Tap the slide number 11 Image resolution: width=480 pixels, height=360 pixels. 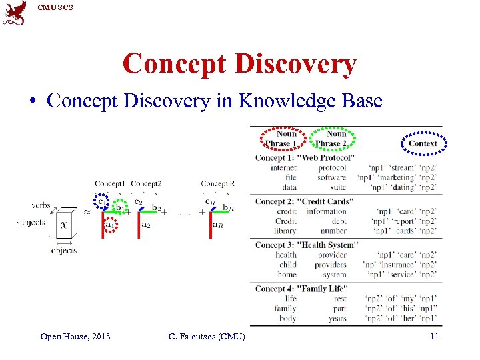tap(434, 336)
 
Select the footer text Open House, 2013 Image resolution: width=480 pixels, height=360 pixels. tap(75, 336)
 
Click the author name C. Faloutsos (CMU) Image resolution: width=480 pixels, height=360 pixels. tap(207, 336)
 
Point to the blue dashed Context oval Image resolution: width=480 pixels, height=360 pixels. tap(423, 143)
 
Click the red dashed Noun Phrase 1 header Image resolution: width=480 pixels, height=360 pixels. tap(282, 139)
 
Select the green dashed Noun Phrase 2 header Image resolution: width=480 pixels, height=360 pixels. tap(335, 139)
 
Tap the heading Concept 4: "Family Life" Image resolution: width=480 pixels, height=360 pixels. tap(301, 289)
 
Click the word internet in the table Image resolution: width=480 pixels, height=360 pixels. tap(283, 168)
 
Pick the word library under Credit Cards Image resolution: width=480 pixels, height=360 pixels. tap(285, 231)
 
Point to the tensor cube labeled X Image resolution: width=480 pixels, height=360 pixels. tap(65, 225)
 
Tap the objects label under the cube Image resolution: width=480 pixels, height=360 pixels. tap(64, 251)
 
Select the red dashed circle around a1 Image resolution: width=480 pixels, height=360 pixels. tap(110, 225)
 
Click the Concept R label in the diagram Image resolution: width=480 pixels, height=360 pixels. tap(217, 183)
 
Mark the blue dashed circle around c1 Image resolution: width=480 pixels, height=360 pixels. tap(100, 200)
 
